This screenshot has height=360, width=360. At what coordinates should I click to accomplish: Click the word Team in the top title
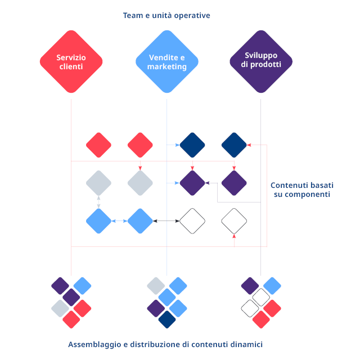(x=133, y=16)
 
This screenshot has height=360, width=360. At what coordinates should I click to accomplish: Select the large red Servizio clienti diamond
(x=71, y=62)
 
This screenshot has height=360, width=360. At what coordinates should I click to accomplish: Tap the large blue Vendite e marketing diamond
(x=167, y=62)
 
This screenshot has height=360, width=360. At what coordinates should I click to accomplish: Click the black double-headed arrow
(x=166, y=221)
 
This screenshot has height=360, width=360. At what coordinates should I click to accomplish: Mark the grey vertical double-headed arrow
(x=98, y=202)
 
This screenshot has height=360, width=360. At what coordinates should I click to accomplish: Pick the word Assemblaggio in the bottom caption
(x=93, y=344)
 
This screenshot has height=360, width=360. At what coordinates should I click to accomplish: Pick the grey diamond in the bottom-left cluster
(x=60, y=308)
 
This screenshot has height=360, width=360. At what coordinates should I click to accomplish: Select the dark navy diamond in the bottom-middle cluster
(x=167, y=319)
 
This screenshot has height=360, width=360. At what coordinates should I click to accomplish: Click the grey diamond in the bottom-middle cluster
(x=156, y=286)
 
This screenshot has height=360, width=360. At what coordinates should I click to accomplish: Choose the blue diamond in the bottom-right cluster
(x=272, y=286)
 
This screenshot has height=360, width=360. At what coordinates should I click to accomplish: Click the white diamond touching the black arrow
(x=192, y=221)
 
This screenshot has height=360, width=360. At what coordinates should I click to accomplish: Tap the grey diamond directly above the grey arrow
(x=98, y=183)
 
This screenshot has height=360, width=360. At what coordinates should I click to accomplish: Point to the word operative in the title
(x=190, y=16)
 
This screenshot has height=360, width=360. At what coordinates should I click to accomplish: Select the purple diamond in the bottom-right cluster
(x=250, y=286)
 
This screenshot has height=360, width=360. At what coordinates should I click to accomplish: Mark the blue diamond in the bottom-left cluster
(x=82, y=286)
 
